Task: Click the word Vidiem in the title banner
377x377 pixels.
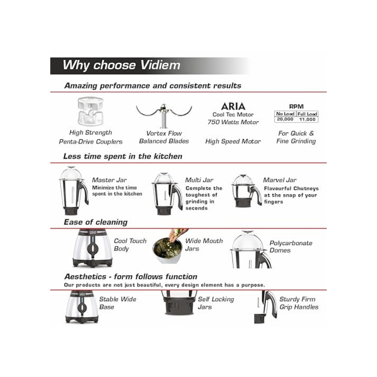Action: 160,65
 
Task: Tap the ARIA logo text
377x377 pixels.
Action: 233,106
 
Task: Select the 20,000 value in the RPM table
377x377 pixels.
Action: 285,119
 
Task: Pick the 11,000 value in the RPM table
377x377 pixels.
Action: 307,119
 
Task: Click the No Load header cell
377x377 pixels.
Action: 285,114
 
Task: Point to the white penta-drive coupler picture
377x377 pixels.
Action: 90,111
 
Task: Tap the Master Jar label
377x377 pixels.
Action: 109,180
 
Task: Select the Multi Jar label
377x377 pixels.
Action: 199,180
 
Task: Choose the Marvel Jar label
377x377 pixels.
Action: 280,180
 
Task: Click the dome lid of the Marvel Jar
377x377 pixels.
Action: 243,180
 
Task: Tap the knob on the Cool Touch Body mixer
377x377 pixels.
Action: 92,247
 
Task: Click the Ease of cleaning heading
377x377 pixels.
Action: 96,222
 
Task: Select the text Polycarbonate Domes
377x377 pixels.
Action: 291,246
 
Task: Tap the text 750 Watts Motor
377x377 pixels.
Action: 233,122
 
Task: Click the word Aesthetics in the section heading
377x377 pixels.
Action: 85,276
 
